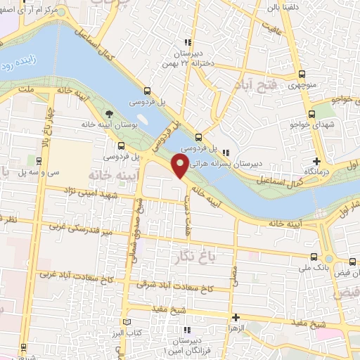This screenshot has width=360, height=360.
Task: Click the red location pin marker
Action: pos(180,167)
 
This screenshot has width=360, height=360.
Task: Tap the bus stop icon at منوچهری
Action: pos(302,75)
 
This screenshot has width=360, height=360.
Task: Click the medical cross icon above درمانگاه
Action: pos(317,162)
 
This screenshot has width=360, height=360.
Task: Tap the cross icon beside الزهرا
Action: pos(236,318)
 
